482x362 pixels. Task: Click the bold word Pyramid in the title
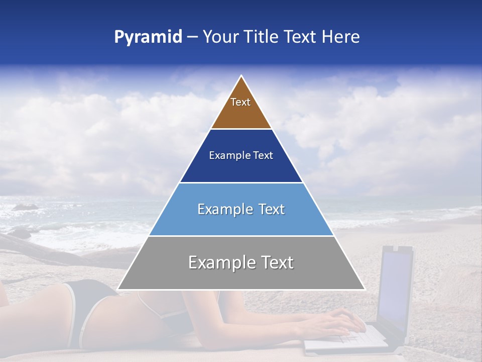click(x=148, y=37)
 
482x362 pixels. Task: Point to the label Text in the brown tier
click(x=240, y=102)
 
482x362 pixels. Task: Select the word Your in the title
click(x=219, y=37)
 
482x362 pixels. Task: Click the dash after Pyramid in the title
click(x=192, y=37)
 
